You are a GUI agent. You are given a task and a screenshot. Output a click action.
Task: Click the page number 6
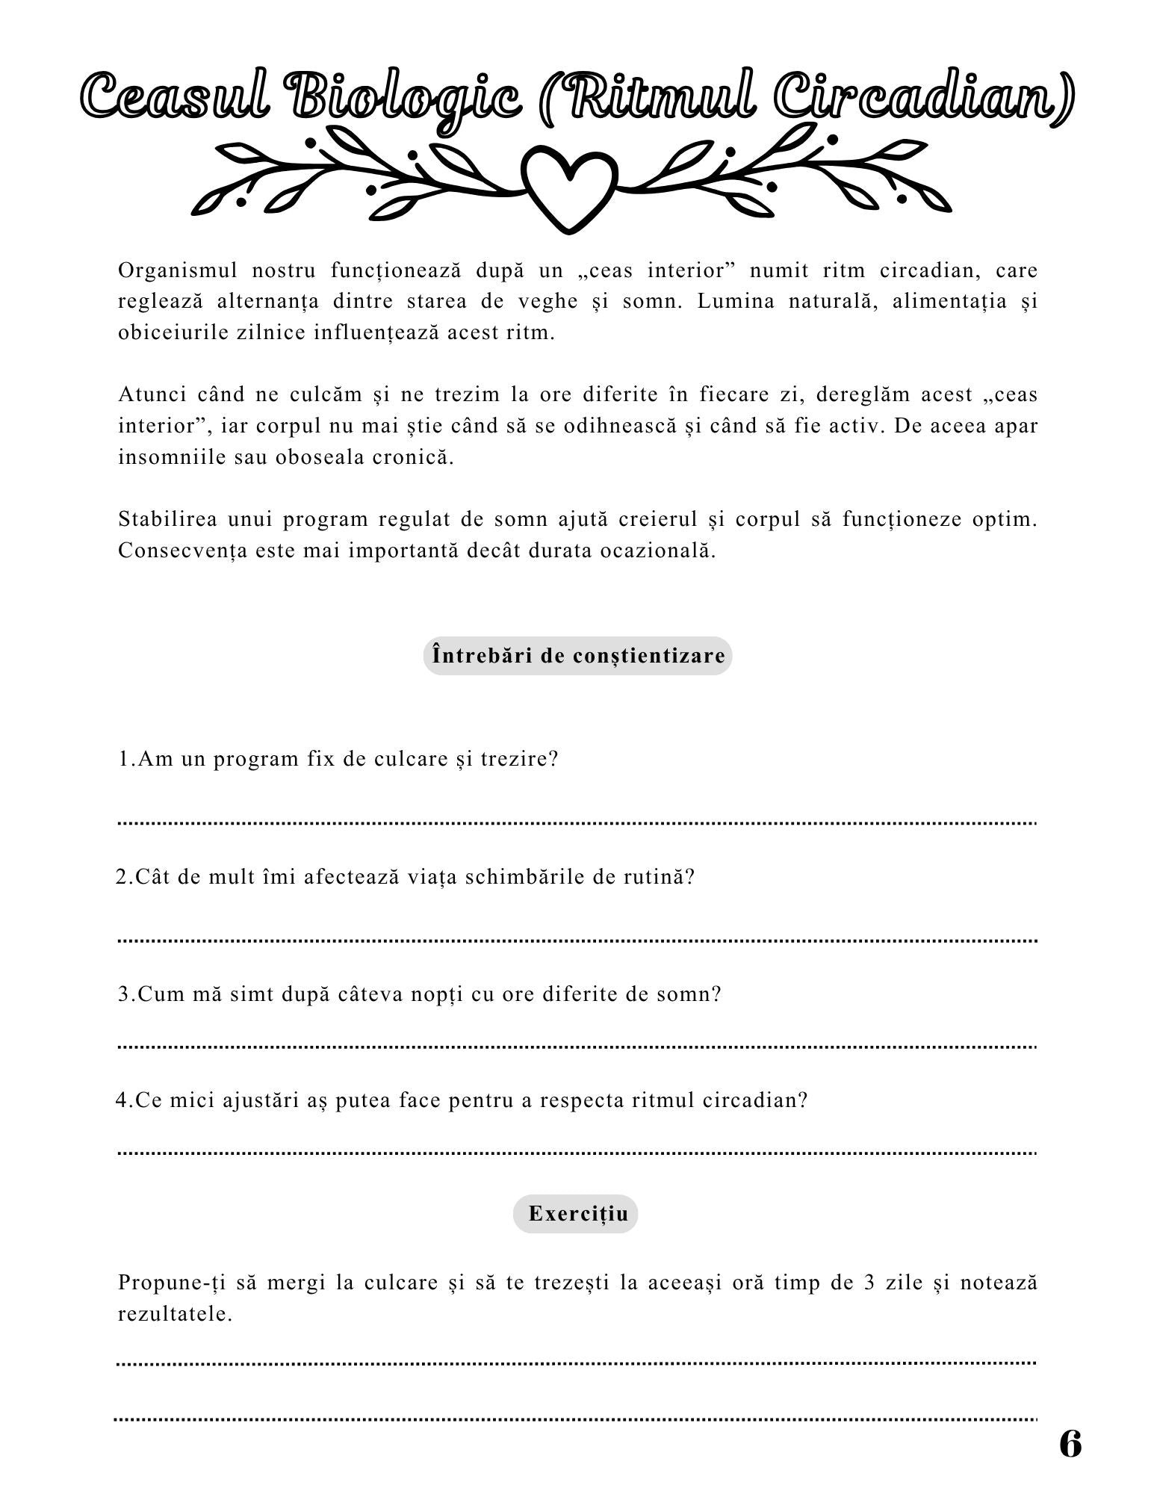tap(1070, 1444)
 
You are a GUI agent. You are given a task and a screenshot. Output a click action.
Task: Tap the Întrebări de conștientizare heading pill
tap(578, 656)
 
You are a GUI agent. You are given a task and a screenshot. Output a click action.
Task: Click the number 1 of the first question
tap(124, 760)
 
